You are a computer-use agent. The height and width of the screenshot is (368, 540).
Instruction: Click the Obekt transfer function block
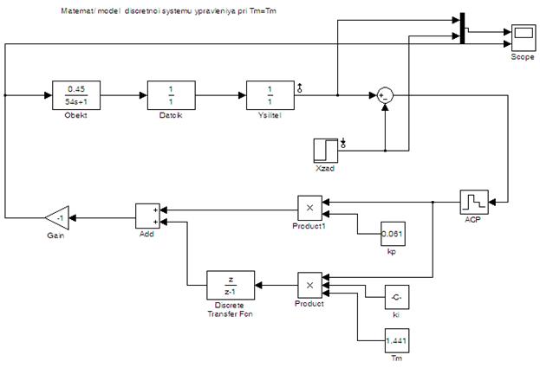point(76,94)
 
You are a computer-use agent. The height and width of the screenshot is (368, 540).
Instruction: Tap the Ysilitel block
point(270,94)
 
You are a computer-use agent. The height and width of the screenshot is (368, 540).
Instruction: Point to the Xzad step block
point(326,150)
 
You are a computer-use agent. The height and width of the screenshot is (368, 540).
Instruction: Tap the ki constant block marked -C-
point(394,298)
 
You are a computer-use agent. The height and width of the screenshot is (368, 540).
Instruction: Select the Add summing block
point(147,216)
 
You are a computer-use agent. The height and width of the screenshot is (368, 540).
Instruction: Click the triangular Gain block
point(57,217)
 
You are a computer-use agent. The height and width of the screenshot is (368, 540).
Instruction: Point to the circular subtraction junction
point(384,95)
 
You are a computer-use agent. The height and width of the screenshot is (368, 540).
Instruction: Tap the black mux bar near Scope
point(462,28)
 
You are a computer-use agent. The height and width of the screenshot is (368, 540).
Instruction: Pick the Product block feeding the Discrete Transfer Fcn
point(309,284)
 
